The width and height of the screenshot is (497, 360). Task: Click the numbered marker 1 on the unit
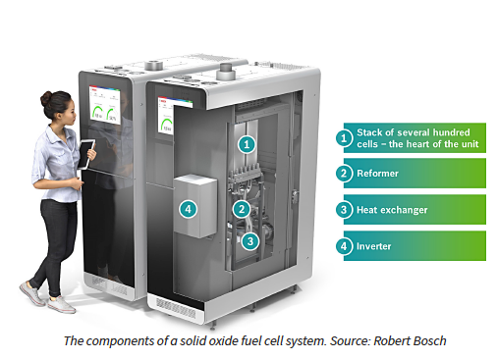click(x=248, y=143)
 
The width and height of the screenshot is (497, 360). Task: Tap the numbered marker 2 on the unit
click(x=241, y=208)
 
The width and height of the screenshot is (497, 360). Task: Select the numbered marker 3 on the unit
click(x=250, y=239)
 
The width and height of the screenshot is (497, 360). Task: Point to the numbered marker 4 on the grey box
click(x=188, y=208)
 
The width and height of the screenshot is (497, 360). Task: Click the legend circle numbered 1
click(x=345, y=138)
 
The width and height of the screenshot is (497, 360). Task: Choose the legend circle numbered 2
click(x=345, y=174)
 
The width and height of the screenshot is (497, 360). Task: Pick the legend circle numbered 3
click(x=345, y=209)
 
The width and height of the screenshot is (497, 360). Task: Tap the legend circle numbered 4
click(x=345, y=245)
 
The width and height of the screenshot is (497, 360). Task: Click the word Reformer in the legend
click(x=382, y=174)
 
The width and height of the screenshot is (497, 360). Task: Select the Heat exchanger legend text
click(x=396, y=209)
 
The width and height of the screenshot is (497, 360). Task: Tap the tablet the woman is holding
click(x=86, y=152)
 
